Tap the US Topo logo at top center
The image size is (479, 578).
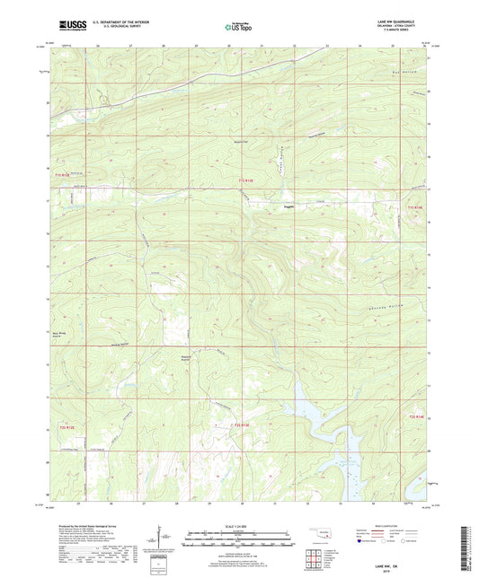pos(238,28)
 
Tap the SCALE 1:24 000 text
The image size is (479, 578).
pos(238,526)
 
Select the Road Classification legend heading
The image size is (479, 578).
pos(388,526)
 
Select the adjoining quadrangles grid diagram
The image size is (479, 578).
pos(314,563)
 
